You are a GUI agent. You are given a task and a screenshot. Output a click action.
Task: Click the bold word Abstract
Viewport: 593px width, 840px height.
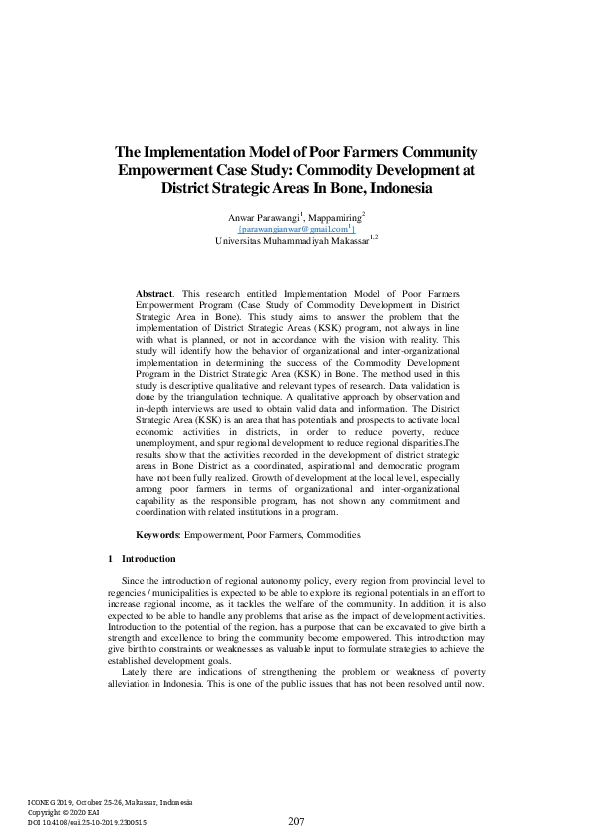click(153, 295)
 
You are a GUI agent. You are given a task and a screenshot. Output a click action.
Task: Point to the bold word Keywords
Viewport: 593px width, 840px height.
click(157, 536)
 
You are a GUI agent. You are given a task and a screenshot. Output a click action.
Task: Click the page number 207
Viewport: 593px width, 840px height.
click(296, 821)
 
